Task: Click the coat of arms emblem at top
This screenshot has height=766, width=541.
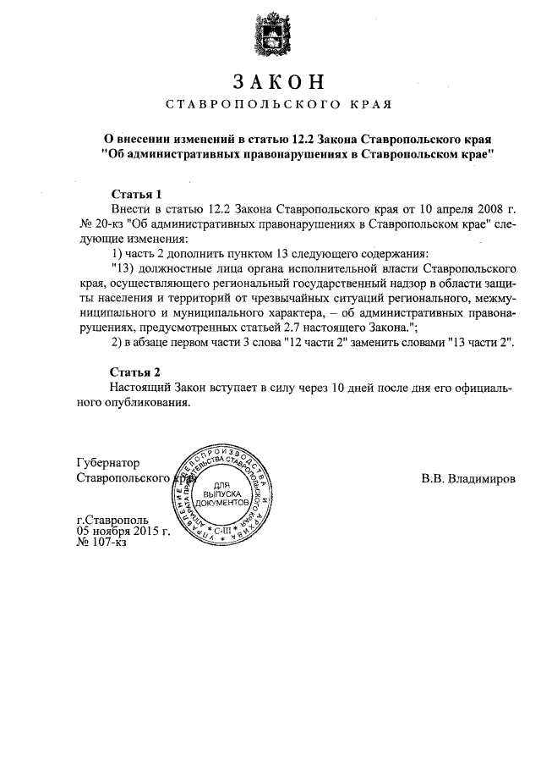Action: (x=270, y=35)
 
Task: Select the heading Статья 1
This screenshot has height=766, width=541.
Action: (x=135, y=193)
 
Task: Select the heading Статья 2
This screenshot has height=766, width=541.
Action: (x=135, y=372)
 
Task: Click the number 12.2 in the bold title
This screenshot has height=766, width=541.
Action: (x=306, y=138)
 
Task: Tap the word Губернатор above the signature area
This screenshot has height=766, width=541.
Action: (x=108, y=463)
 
